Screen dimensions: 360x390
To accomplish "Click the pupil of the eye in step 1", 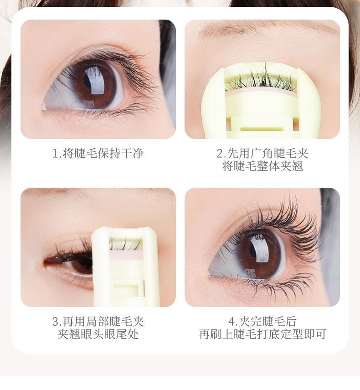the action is coord(87,80).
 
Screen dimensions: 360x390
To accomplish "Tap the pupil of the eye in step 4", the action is coord(253,251).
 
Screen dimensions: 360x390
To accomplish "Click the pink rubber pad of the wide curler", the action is coord(261,91).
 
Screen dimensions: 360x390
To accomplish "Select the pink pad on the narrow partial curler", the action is coord(126,255).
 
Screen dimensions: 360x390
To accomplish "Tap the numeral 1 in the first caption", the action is coord(55,153).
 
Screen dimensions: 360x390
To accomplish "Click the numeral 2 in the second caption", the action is coord(220,153).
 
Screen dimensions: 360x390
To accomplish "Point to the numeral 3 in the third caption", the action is coord(56,322).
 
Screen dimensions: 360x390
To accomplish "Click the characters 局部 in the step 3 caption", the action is coord(98,322).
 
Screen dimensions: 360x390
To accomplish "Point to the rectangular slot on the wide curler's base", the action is coord(262,128).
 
